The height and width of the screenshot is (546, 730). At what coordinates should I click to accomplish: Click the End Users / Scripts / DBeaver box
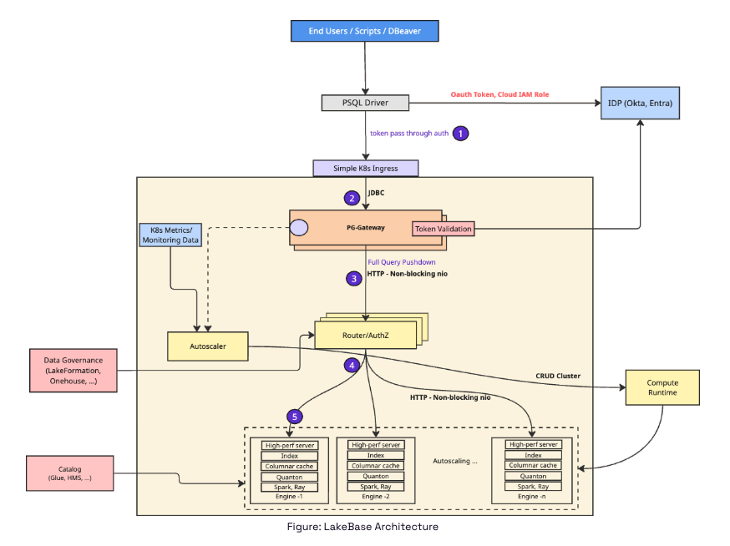click(364, 31)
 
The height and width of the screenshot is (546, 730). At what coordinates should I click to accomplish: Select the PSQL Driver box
click(365, 104)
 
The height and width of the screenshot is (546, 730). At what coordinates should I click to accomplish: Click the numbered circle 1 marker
click(460, 133)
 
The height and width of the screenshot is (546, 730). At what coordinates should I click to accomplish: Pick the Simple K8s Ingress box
click(365, 168)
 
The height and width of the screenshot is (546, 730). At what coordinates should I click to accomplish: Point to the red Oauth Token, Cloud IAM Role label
click(500, 94)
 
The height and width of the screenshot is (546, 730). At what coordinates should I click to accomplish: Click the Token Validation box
click(443, 229)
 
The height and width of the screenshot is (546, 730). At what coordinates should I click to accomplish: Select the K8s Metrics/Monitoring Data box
click(170, 235)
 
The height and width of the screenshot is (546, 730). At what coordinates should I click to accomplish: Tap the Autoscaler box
click(207, 346)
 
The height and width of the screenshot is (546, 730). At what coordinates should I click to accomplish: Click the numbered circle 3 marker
click(353, 278)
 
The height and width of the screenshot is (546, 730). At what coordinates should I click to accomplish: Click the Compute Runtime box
click(662, 387)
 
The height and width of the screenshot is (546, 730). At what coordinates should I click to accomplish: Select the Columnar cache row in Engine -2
click(376, 466)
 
